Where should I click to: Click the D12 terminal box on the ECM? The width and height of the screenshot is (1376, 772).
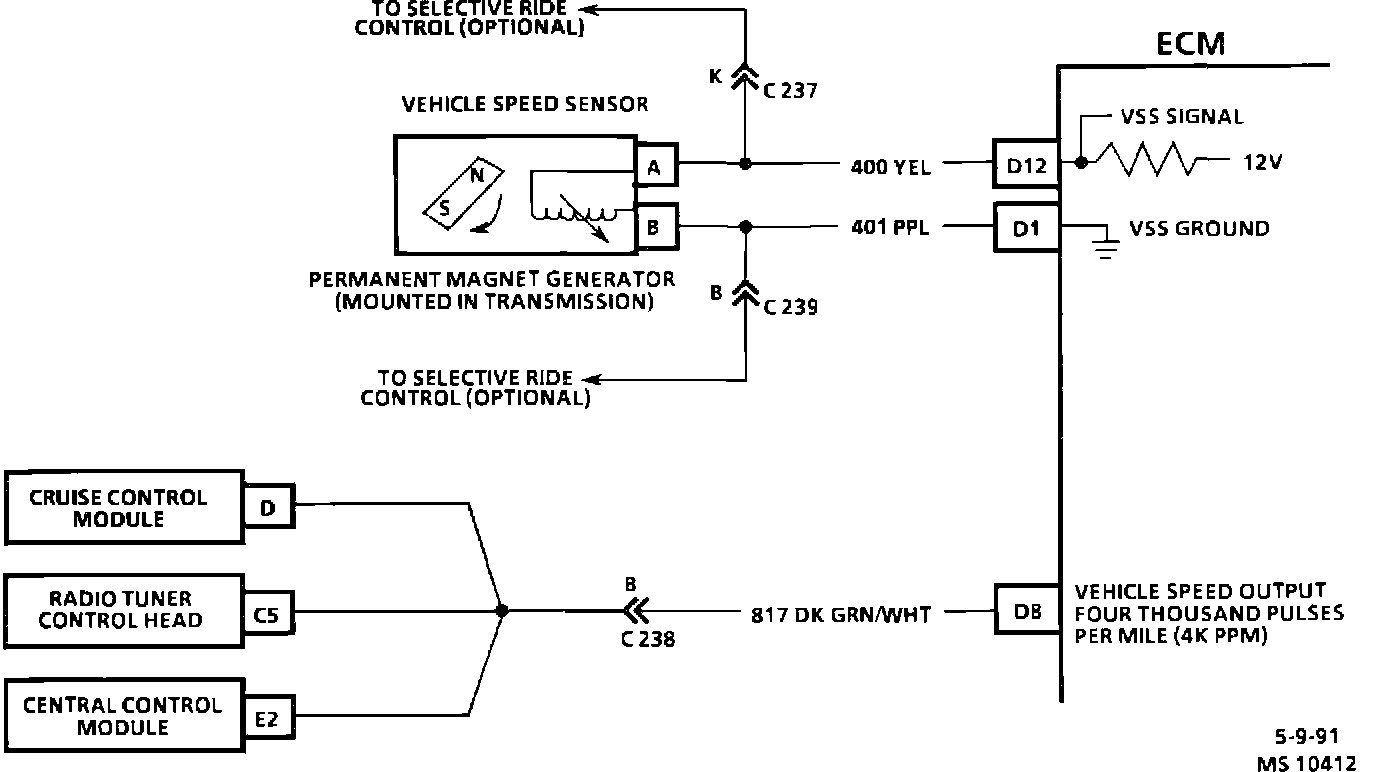1026,164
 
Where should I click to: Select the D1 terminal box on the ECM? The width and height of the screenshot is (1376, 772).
1026,228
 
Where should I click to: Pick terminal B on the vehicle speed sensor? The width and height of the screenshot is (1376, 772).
654,227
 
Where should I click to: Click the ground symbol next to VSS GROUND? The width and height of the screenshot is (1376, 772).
1104,245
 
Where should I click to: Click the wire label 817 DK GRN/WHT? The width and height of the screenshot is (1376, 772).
840,613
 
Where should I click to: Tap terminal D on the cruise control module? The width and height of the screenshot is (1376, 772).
268,509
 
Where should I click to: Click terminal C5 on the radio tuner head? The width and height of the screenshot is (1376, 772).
268,615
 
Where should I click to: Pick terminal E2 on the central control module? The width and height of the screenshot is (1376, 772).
268,718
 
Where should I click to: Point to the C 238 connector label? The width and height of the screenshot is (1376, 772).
647,638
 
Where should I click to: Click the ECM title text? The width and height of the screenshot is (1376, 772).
1190,43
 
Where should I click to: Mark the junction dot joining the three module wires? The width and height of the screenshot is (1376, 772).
501,609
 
